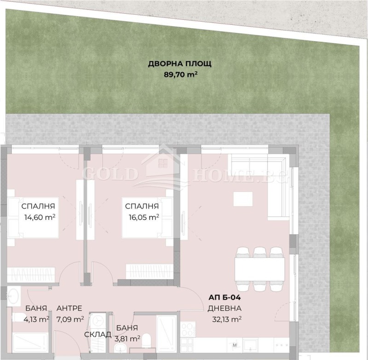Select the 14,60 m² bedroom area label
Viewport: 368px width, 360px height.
click(x=39, y=216)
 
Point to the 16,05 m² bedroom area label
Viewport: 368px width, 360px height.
click(x=143, y=216)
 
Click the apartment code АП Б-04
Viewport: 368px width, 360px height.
click(x=224, y=298)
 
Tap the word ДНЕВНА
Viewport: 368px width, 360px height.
click(x=224, y=308)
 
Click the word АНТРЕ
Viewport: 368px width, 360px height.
click(x=69, y=308)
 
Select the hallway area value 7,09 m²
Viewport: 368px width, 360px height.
click(x=70, y=318)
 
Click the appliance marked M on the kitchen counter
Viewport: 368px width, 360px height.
click(x=235, y=344)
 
